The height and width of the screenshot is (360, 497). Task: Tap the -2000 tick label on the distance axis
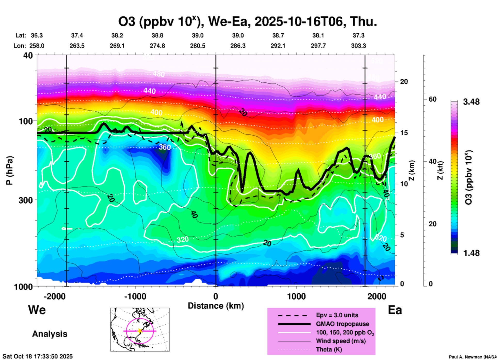[55, 296]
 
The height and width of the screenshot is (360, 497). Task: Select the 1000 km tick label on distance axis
[296, 296]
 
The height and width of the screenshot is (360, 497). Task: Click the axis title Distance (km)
[216, 306]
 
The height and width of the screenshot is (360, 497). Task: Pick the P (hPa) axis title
[9, 170]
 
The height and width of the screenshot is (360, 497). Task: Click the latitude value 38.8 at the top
[157, 35]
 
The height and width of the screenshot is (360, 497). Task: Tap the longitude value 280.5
[198, 46]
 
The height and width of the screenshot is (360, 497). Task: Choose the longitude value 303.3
[358, 46]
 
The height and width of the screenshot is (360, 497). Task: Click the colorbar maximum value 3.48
[471, 102]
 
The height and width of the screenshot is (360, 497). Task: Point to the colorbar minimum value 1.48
[471, 253]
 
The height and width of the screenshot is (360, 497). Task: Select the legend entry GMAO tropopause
[342, 324]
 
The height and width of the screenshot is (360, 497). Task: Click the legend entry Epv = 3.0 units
[337, 315]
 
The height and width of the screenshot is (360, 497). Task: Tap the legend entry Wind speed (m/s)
[341, 341]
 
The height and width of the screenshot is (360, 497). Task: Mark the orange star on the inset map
[140, 331]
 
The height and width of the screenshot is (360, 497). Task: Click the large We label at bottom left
[37, 310]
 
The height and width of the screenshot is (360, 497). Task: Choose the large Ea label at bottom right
[395, 310]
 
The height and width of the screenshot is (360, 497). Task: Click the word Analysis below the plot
[50, 334]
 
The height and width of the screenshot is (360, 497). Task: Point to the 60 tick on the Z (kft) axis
[432, 99]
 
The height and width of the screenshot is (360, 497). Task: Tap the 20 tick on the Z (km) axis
[404, 82]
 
